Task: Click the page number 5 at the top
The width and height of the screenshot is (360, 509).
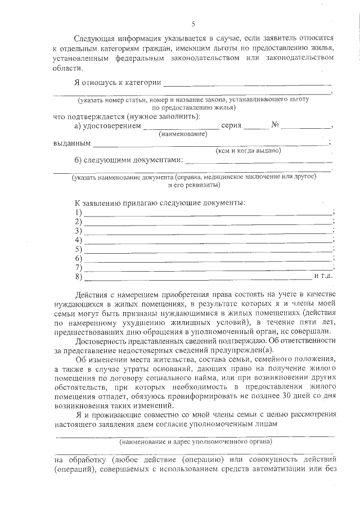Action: tap(193, 24)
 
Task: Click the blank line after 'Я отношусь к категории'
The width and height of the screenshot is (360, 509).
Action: tap(247, 85)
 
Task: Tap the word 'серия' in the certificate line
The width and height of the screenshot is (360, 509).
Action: tap(231, 125)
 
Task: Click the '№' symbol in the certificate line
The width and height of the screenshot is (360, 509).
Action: tap(276, 125)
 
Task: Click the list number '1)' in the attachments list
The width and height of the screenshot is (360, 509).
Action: tap(78, 213)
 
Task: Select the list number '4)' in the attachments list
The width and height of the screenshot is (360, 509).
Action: tap(78, 240)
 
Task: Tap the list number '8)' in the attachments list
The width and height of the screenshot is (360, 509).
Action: tap(78, 276)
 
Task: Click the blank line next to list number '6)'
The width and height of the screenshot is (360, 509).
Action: tap(208, 260)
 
